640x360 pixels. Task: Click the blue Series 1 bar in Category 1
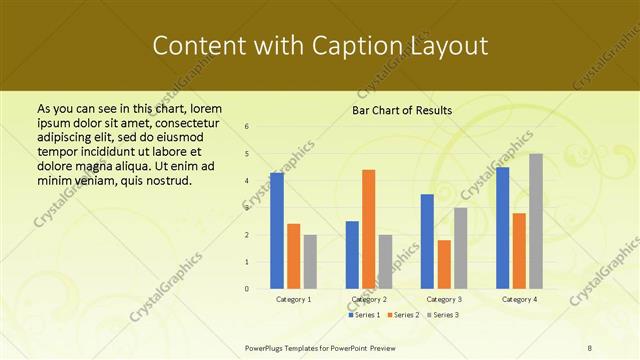277,231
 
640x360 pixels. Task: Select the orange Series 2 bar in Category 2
369,229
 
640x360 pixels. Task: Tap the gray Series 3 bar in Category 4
536,221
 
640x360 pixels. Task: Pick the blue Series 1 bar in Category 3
427,241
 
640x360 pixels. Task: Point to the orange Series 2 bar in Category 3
444,264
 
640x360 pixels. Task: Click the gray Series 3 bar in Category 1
310,262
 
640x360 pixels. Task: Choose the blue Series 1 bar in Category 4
502,228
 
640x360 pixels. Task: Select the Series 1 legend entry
366,315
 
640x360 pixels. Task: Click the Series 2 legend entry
403,315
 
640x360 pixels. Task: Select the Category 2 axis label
369,299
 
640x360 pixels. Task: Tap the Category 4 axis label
519,299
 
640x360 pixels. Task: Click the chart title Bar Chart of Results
403,110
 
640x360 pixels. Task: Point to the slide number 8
589,346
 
